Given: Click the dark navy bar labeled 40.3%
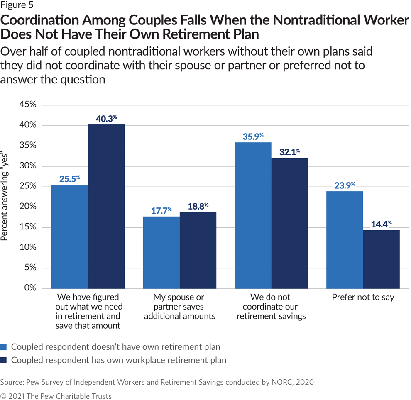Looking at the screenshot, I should (x=106, y=206).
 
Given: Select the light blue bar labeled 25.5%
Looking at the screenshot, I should (x=70, y=237).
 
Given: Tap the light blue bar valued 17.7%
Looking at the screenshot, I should (x=161, y=252).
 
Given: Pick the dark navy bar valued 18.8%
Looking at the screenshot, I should (x=198, y=250).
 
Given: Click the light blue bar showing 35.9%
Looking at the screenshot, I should (x=253, y=215).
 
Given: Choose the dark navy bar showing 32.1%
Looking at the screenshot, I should (x=289, y=223).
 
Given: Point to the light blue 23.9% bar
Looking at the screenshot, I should (x=345, y=240).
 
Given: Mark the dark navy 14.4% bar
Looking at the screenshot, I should (x=381, y=259).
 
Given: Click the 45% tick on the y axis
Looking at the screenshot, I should (x=28, y=105).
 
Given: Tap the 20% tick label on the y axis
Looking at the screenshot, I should (x=28, y=207).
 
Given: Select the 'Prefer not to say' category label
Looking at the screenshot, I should (x=363, y=298).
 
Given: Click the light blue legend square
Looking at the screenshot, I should (x=4, y=347).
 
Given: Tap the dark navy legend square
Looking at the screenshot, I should (x=4, y=360).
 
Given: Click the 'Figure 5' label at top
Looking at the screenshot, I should (x=18, y=5).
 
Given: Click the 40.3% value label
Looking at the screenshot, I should (x=104, y=118).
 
